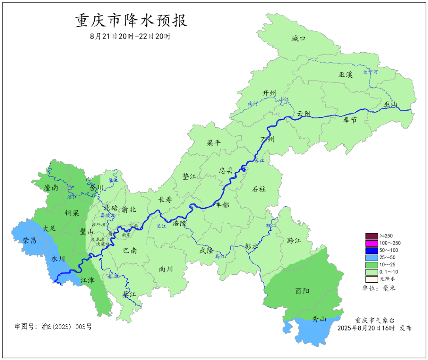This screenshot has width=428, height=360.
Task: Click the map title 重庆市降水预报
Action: tap(131, 21)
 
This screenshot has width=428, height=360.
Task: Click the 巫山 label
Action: tap(390, 104)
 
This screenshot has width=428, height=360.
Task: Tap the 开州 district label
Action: tap(269, 93)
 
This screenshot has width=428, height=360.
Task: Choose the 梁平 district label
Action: tap(214, 143)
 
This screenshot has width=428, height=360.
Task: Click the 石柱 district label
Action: tap(259, 189)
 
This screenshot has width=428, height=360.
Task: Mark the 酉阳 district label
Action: tap(302, 291)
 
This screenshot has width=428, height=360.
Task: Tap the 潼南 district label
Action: tap(52, 188)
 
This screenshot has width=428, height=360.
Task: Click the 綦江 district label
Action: tap(129, 294)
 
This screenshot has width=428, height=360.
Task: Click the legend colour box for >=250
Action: tap(371, 236)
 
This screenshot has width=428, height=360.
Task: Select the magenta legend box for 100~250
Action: tap(371, 243)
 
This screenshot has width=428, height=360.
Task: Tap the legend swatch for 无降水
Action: tap(371, 279)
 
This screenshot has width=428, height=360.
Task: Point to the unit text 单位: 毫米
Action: tap(379, 288)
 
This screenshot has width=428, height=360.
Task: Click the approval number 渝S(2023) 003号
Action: tap(53, 327)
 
